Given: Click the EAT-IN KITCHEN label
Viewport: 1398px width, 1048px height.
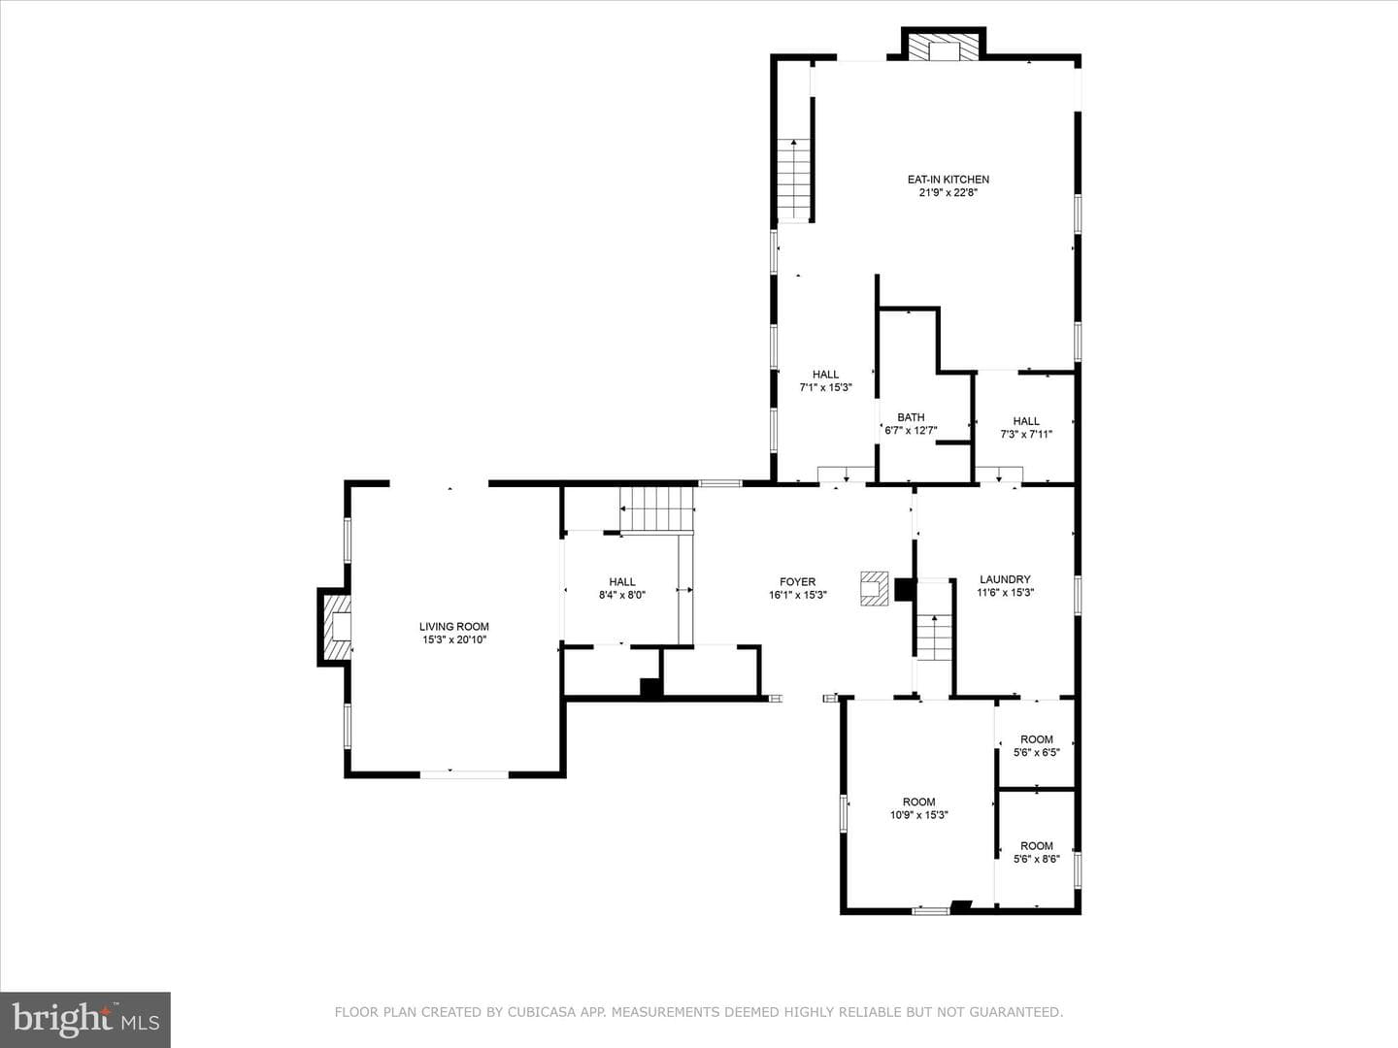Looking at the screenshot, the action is pos(949,180).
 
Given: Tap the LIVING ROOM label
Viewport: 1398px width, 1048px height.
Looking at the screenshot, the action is pos(454,627).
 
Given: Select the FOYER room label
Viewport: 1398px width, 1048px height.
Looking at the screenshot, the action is pos(797,581).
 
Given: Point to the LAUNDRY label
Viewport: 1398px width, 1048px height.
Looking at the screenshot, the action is pos(1005,579).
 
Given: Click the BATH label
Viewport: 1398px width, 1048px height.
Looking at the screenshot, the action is pos(911,417).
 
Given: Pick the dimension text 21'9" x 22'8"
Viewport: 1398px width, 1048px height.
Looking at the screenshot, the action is pos(949,192).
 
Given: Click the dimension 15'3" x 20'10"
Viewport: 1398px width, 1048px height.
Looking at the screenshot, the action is pos(454,639).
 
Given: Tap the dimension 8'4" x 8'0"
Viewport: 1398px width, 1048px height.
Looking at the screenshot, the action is pos(622,595).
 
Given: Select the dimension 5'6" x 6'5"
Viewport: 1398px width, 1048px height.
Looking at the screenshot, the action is pos(1037,752).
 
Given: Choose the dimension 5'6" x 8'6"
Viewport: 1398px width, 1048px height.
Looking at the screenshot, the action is pos(1037,859).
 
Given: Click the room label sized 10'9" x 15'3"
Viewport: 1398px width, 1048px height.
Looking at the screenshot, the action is pos(919,802).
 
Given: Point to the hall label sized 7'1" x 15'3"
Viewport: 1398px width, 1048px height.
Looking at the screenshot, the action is pos(825,375).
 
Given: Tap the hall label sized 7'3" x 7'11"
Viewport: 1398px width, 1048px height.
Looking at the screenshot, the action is pos(1026,420).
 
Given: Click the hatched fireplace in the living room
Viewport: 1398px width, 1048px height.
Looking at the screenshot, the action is pos(337,628).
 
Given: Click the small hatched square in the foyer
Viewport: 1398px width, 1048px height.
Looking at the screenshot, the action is pos(874,589).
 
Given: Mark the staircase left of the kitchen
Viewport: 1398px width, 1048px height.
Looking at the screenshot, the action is pos(793,180).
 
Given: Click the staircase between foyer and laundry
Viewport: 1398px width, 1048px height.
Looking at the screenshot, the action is pos(934,638).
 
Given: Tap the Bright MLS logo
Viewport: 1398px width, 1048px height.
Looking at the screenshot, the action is pos(85,1019).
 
